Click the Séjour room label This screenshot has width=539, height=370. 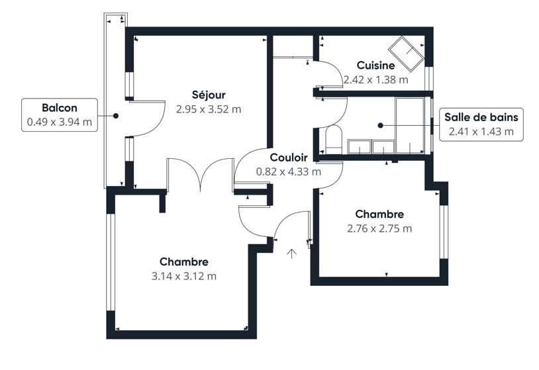point(209,95)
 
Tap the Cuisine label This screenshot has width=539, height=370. point(375,65)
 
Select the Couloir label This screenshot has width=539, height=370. point(289,158)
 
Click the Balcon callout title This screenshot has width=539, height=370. point(60,108)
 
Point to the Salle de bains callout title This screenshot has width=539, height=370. point(481,117)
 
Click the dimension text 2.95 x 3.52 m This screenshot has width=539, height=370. point(209,109)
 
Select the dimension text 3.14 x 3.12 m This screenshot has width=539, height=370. point(184,276)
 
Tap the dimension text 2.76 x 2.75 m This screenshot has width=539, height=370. point(379,228)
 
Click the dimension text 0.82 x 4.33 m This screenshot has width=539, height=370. point(289,171)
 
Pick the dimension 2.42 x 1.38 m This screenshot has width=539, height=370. point(375,79)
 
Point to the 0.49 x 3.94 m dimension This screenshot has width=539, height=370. point(60,122)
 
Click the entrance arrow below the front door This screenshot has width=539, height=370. point(292,254)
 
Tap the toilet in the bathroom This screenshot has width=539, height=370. point(334,140)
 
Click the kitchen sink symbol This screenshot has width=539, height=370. point(406,54)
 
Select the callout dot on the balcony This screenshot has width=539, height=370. point(116,116)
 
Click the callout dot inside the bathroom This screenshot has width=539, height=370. point(380,126)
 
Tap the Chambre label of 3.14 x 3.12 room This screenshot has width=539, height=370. point(184,262)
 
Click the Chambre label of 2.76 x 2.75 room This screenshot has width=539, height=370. point(379,214)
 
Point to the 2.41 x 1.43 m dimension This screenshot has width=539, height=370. point(481,132)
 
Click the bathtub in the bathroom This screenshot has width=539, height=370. point(410,126)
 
